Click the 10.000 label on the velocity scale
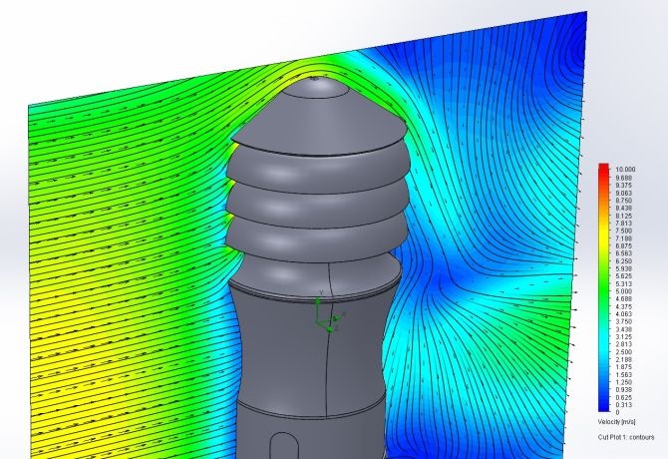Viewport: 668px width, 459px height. tap(625, 170)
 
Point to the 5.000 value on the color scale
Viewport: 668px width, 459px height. tap(624, 291)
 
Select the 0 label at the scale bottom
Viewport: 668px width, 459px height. tap(618, 412)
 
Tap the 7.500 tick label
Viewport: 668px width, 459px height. tap(624, 230)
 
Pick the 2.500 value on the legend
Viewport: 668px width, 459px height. tap(624, 352)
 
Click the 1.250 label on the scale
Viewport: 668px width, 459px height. tap(624, 382)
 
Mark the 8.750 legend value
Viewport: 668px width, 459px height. tap(624, 201)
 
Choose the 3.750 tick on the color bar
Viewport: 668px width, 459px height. tap(624, 321)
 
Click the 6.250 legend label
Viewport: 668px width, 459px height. tap(624, 260)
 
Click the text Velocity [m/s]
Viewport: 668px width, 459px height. tap(616, 422)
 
